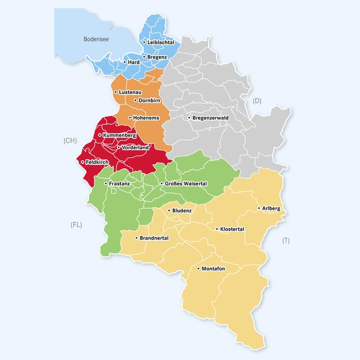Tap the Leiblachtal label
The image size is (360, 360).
[160, 42]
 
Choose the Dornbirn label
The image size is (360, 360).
[150, 101]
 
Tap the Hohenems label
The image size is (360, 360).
[145, 118]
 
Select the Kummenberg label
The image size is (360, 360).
[119, 136]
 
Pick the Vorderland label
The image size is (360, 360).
[135, 147]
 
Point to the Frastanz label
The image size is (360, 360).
[119, 183]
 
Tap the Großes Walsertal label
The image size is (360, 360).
[186, 183]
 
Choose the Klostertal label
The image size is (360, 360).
[232, 229]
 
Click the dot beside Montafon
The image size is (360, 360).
[199, 268]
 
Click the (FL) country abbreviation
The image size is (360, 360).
[76, 224]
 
